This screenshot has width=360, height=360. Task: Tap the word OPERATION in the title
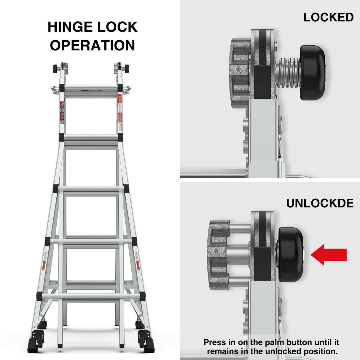93,45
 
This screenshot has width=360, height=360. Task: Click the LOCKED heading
328,17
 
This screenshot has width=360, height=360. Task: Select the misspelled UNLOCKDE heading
320,203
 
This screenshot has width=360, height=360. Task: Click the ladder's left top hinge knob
55,69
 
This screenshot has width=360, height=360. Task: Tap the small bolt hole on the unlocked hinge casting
217,252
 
